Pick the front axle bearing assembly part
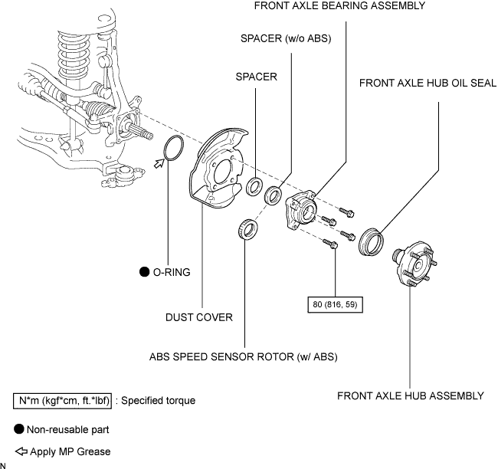301,209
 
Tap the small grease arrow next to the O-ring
159,163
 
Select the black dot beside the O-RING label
145,272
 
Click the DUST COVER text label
199,317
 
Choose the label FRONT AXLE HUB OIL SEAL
428,83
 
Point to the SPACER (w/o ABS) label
286,38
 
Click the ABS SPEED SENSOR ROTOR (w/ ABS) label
244,357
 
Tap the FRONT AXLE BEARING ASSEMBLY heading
339,5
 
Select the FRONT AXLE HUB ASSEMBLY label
411,396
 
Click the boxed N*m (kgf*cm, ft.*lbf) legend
62,401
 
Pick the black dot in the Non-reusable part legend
19,429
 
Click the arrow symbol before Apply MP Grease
21,451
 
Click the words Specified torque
158,401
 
